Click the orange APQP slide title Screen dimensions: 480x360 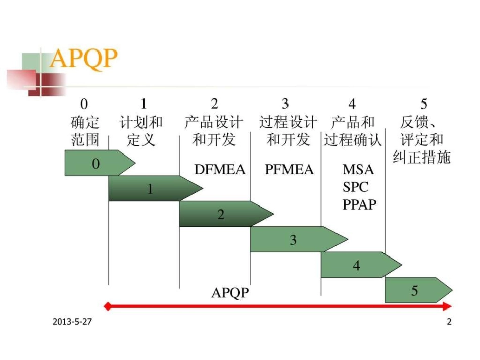point(83,60)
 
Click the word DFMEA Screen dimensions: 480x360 point(219,170)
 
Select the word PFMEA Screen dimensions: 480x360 point(289,170)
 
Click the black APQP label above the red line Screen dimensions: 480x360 point(230,292)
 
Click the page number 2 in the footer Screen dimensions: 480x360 point(449,322)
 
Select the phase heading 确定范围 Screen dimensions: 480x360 point(85,131)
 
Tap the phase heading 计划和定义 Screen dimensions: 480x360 point(141,131)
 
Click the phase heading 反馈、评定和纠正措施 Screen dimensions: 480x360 point(421,139)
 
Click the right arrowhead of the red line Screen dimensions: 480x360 point(448,306)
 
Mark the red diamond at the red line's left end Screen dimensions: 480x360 point(107,306)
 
